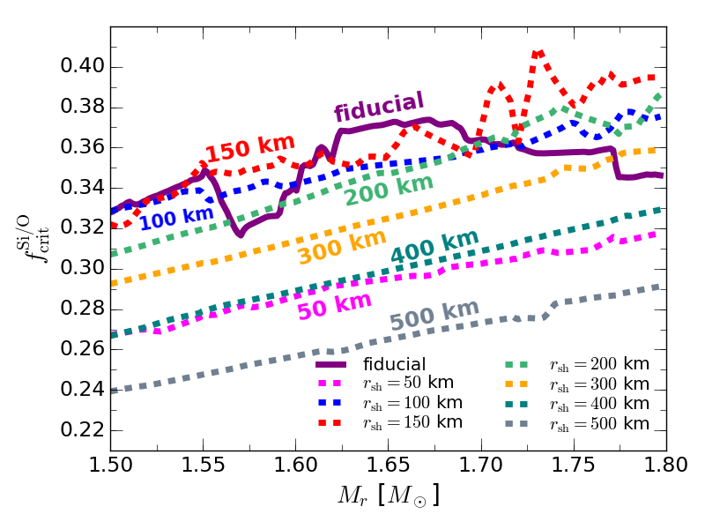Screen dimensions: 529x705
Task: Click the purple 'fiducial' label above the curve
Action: (x=379, y=107)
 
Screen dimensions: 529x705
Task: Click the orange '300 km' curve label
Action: (x=342, y=246)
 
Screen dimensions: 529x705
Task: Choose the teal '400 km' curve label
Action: (x=434, y=246)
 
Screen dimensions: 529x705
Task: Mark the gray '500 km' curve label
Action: (x=434, y=315)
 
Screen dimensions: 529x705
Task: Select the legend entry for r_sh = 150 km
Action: (x=412, y=421)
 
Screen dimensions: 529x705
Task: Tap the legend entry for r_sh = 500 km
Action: (x=599, y=423)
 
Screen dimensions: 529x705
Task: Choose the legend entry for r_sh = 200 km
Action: (x=599, y=364)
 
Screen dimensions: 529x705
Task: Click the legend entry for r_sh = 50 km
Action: (x=412, y=384)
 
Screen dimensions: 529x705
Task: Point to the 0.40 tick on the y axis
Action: (x=110, y=67)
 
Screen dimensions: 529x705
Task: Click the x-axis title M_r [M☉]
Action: (x=388, y=495)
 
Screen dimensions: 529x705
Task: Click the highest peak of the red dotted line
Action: (x=538, y=53)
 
